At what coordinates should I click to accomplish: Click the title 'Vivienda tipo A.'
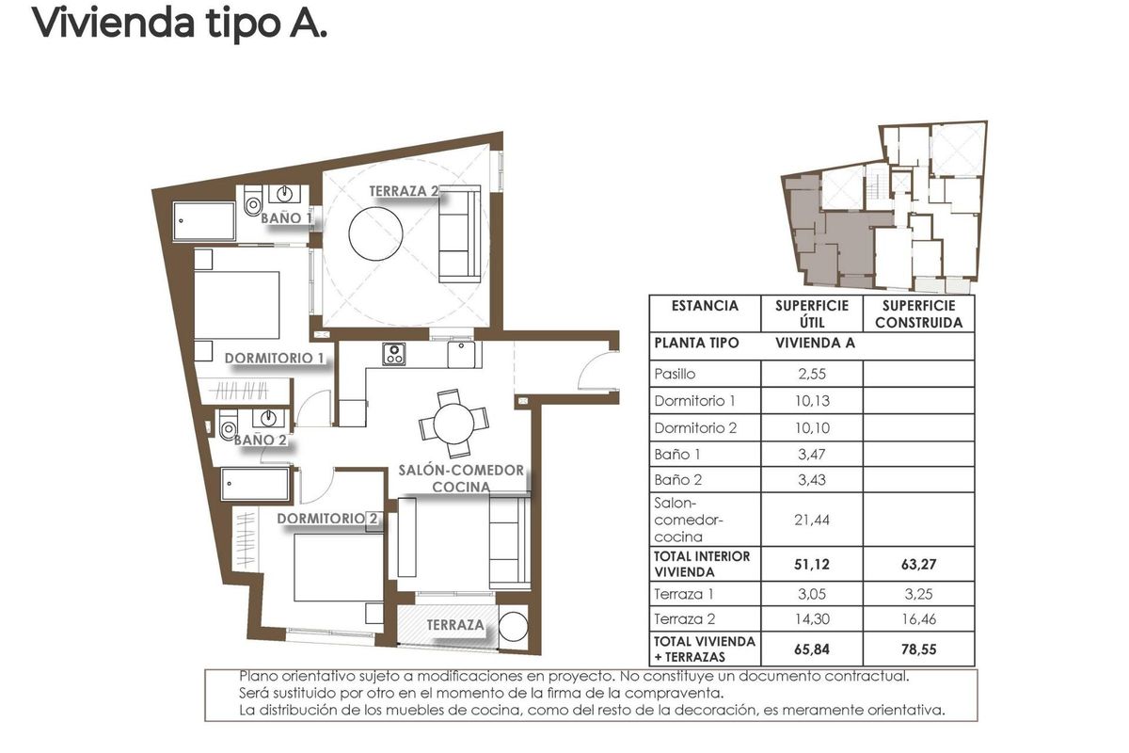[180, 24]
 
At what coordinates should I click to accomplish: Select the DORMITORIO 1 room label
[274, 359]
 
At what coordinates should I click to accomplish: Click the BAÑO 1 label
[286, 217]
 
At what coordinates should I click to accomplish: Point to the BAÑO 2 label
[260, 440]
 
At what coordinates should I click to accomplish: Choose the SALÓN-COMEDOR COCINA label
[460, 478]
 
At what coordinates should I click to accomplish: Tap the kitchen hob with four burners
[393, 355]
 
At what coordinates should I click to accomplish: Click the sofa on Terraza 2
[460, 232]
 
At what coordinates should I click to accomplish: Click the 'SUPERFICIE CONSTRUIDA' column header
[918, 313]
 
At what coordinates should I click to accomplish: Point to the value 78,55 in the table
[918, 649]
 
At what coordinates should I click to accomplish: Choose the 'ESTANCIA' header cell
[705, 306]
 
